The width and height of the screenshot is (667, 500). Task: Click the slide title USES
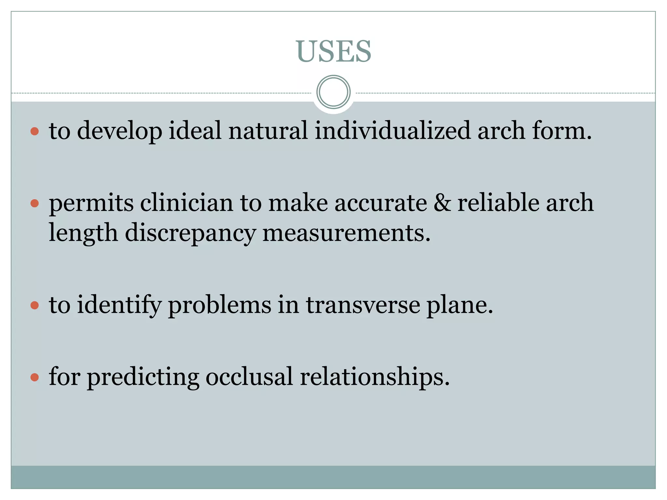(333, 51)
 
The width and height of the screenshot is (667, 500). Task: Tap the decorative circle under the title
(333, 92)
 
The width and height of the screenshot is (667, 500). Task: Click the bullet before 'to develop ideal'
(35, 132)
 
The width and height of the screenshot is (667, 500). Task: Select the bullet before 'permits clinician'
(35, 204)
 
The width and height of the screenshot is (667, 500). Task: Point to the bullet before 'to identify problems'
(35, 305)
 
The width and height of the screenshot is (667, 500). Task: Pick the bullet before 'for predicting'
(35, 377)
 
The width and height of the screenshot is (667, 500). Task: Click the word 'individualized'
(392, 131)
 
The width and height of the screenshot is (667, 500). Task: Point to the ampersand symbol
(442, 203)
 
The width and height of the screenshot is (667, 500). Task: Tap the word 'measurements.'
(347, 233)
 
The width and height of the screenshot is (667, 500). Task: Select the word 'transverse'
(363, 305)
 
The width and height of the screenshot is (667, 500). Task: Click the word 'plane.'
(460, 305)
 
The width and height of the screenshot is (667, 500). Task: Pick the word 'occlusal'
(249, 377)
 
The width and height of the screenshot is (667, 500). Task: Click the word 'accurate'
(381, 203)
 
